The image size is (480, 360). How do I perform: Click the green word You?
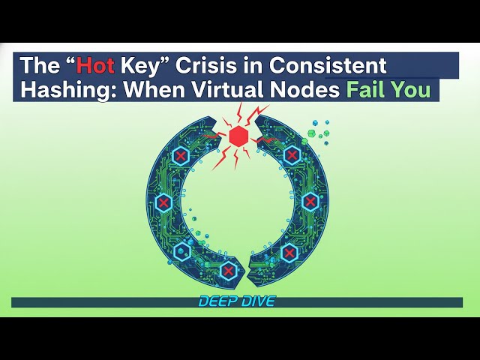[414, 89]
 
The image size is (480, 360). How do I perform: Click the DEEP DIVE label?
[237, 301]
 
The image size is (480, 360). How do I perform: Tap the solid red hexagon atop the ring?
[238, 136]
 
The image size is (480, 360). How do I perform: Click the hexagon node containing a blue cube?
[181, 251]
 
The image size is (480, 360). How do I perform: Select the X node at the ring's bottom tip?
[229, 270]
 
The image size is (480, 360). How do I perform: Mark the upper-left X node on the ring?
[181, 156]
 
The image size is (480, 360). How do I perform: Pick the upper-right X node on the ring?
[291, 155]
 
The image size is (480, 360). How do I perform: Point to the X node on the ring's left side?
[163, 202]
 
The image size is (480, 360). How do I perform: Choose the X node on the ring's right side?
[310, 201]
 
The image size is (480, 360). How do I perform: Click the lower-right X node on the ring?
[289, 253]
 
